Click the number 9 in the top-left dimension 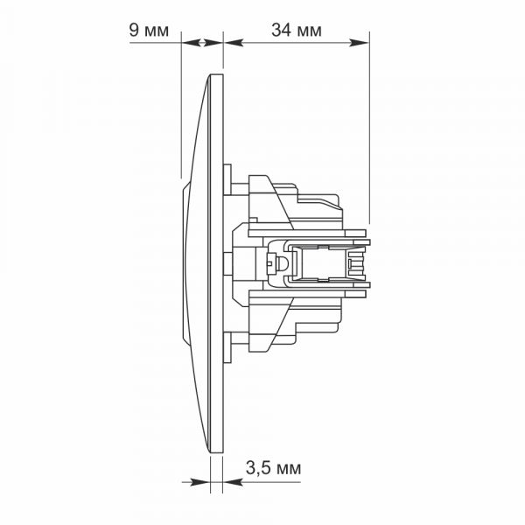tap(134, 31)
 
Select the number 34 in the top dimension tap(281, 30)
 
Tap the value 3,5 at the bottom tap(258, 468)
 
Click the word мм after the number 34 tap(309, 31)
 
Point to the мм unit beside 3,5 tap(289, 469)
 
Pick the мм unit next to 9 tap(157, 31)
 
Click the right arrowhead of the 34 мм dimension tap(359, 43)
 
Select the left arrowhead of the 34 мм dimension tap(234, 43)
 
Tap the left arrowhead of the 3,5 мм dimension tap(200, 482)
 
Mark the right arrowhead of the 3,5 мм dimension tap(233, 482)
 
